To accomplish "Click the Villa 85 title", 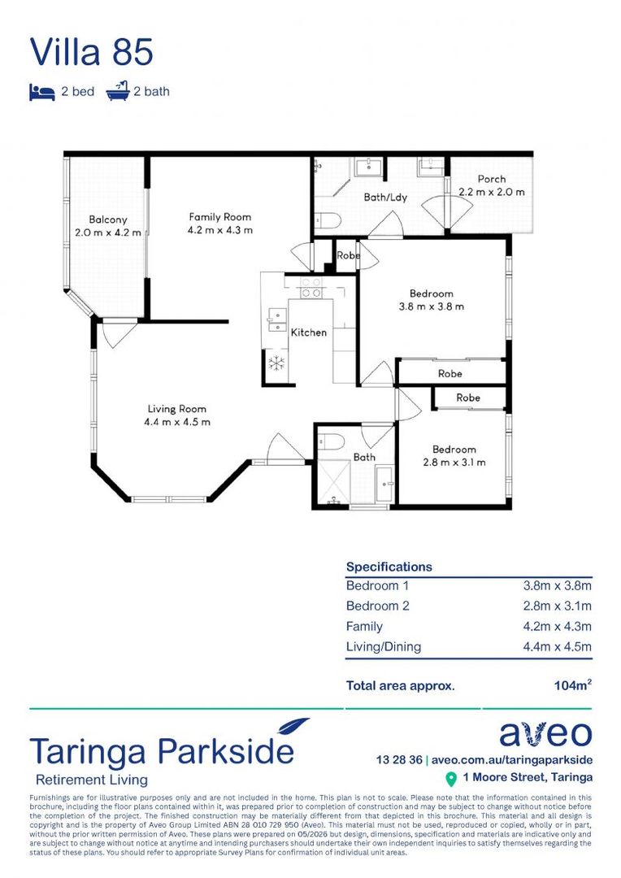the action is point(91,52).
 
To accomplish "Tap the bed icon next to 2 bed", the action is point(42,92).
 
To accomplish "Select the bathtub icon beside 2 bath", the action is point(118,91).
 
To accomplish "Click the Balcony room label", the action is point(108,219).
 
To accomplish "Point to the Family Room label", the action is point(220,217).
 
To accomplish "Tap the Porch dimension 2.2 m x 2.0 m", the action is point(492,192).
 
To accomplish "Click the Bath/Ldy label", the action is point(385,197).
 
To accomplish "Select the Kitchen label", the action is point(309,332).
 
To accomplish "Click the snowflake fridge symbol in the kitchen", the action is point(276,363).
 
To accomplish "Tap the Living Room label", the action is point(177,409).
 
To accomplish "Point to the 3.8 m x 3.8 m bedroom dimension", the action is point(431,306).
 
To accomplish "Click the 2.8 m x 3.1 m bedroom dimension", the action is point(454,462).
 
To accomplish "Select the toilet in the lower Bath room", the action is point(330,441).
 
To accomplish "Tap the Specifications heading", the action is point(389,567).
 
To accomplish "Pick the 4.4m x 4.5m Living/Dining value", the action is point(557,647).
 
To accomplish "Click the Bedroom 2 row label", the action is point(377,606).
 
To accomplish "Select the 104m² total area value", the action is point(573,685).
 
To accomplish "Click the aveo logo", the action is point(545,733).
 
